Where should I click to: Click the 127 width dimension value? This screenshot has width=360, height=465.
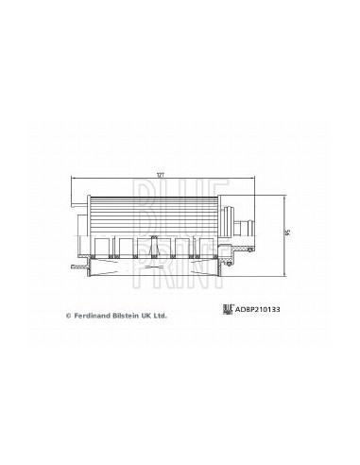[162, 175]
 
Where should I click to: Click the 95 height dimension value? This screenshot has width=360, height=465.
[286, 233]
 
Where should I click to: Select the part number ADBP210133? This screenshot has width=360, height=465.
[258, 309]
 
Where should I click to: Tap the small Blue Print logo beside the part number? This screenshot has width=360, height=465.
[228, 309]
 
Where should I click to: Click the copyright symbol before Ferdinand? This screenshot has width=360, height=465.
[68, 316]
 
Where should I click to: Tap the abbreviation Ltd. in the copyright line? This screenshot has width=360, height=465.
[161, 316]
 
